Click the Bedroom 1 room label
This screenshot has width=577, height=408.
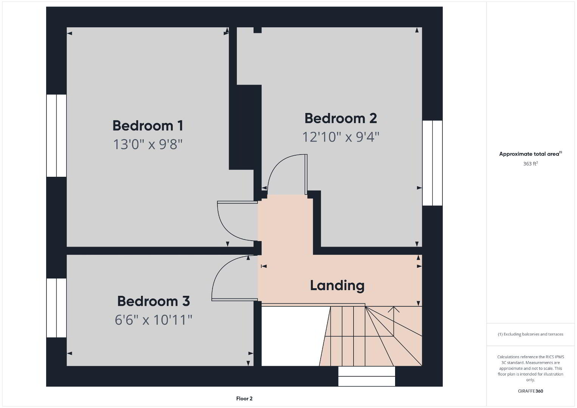(148, 126)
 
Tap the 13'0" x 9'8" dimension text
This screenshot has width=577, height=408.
(148, 144)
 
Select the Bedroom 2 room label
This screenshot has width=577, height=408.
(341, 118)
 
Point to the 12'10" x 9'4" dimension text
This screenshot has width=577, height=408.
(341, 137)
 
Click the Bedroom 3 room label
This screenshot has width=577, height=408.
(154, 301)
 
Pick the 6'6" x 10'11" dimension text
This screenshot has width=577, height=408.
(154, 320)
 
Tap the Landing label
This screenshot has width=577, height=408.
(337, 286)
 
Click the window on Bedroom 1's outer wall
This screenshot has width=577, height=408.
(56, 136)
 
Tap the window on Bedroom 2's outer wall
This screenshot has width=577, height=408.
(433, 163)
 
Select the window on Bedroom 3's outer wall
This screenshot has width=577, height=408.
(56, 308)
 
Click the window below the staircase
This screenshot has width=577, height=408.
(366, 376)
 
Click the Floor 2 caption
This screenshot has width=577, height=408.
(244, 399)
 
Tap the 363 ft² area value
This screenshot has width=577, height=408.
(530, 164)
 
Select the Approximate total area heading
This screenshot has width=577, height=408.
(530, 154)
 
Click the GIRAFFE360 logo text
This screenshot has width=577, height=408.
(530, 391)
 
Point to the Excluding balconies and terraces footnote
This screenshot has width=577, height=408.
(530, 334)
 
